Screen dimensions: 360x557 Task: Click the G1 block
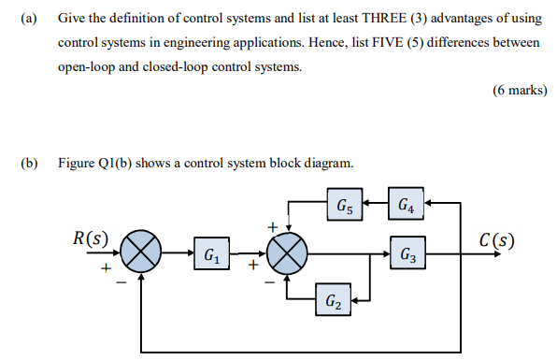coord(211,253)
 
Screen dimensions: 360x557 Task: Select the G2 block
coord(333,301)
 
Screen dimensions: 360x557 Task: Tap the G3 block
coord(407,253)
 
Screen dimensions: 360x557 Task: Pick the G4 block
coord(407,203)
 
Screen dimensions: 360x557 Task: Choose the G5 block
coord(343,203)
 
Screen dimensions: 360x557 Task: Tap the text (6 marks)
coord(519,91)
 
